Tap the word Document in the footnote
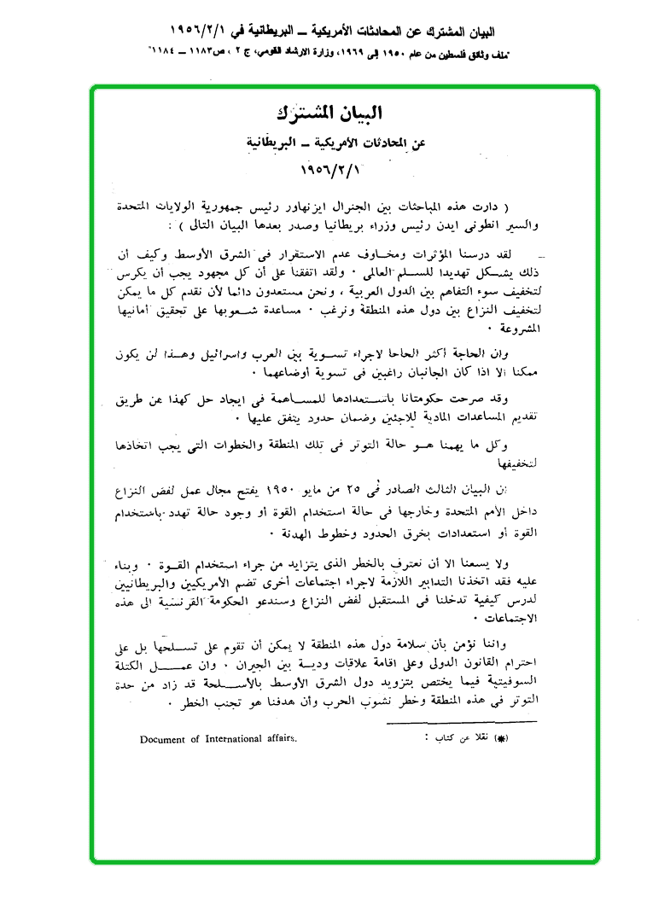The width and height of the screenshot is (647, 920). click(x=164, y=739)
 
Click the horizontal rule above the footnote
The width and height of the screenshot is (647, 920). click(x=460, y=723)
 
